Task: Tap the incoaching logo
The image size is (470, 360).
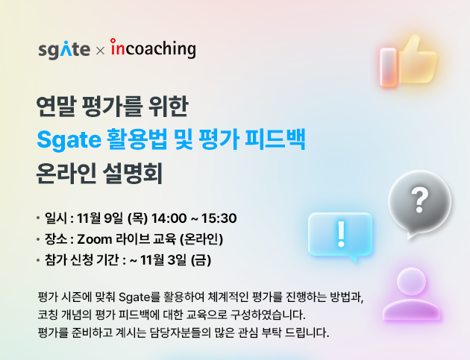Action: click(x=153, y=49)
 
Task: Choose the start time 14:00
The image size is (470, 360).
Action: click(x=168, y=218)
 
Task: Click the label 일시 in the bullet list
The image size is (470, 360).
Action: click(x=55, y=218)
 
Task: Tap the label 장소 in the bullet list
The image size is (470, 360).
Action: click(x=55, y=240)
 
